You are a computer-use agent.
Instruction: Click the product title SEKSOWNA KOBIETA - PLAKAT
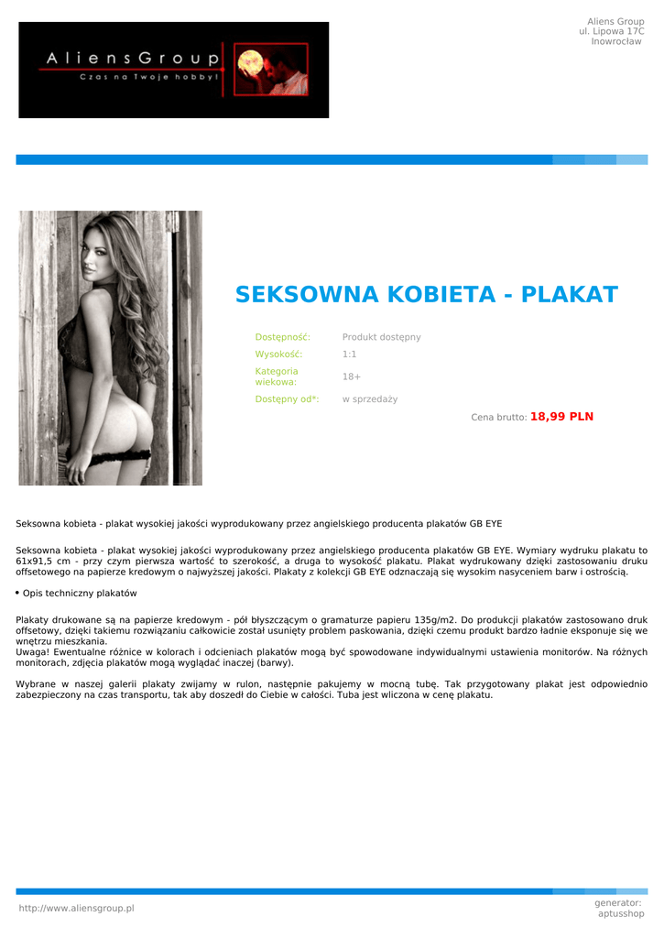tap(426, 295)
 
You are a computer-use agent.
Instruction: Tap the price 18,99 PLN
tap(561, 417)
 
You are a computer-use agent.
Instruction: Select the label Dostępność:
tap(282, 337)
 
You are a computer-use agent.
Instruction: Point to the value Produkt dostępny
tap(381, 337)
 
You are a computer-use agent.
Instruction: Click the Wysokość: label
tap(278, 354)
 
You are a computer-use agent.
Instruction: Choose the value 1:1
tap(349, 354)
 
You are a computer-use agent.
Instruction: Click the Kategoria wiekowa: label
tap(277, 376)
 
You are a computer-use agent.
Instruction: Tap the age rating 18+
tap(351, 376)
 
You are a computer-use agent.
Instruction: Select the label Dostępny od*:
tap(287, 399)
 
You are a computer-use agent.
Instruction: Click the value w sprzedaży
tap(369, 399)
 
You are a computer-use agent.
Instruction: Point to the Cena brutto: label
tap(498, 418)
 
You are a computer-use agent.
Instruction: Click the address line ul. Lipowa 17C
tap(611, 31)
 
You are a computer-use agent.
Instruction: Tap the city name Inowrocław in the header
tap(616, 41)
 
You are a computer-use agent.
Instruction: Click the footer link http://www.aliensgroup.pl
tap(76, 908)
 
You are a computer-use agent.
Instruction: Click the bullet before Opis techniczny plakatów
tap(17, 594)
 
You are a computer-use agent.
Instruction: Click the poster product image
tap(110, 348)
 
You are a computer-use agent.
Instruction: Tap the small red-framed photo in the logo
tap(271, 70)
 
